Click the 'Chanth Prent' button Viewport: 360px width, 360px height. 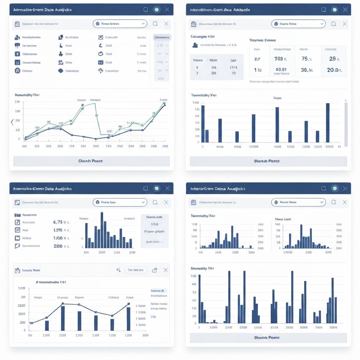point(91,161)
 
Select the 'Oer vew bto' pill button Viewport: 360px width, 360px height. point(136,270)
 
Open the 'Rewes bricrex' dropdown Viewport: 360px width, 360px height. point(120,24)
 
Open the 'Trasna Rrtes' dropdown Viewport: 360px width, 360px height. point(298,24)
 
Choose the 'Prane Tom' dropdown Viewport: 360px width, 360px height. point(120,202)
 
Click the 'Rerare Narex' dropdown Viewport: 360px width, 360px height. point(298,202)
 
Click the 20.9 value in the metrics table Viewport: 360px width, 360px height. point(333,70)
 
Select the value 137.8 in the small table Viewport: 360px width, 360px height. point(233,67)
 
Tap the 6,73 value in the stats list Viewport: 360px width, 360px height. point(58,222)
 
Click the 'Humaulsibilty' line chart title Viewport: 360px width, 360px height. point(27,95)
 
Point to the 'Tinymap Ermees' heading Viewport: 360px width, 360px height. point(262,40)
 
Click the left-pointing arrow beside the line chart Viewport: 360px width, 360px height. point(12,122)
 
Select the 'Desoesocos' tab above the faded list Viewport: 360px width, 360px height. point(162,37)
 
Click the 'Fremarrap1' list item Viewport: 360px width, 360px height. point(112,71)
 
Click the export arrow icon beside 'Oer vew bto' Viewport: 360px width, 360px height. point(154,270)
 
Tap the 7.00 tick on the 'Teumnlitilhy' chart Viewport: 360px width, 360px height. point(195,103)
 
